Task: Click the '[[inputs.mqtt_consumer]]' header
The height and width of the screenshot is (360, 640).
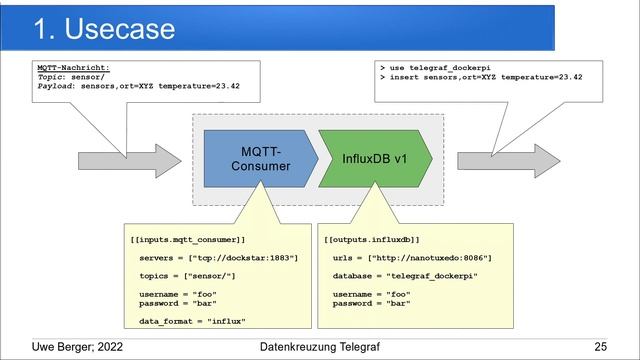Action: (187, 240)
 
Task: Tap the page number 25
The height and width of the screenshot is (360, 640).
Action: (600, 347)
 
